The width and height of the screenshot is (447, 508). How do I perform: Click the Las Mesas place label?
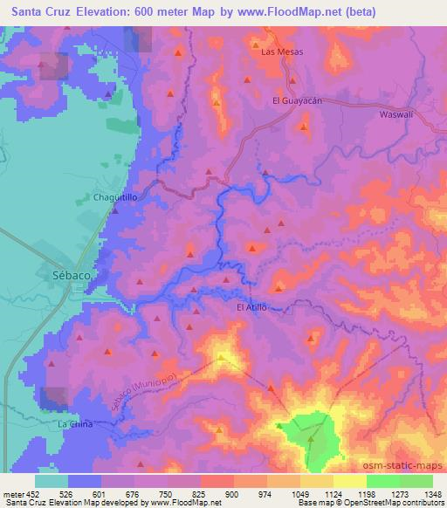[x=281, y=52]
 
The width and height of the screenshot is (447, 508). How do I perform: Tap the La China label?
[x=74, y=423]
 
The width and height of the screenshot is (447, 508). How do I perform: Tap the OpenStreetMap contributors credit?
[x=391, y=503]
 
